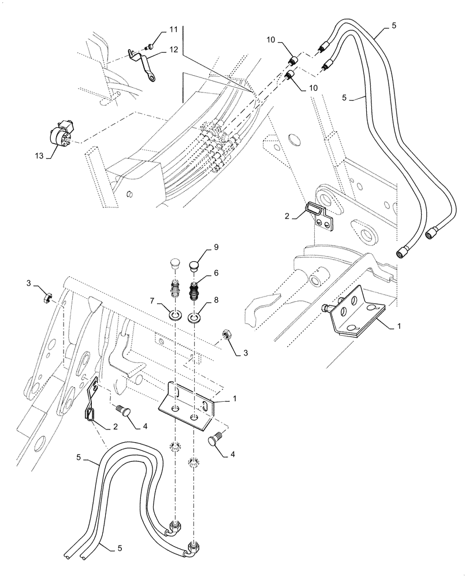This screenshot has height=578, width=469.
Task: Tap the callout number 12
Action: (174, 50)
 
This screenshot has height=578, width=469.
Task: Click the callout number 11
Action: (174, 29)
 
